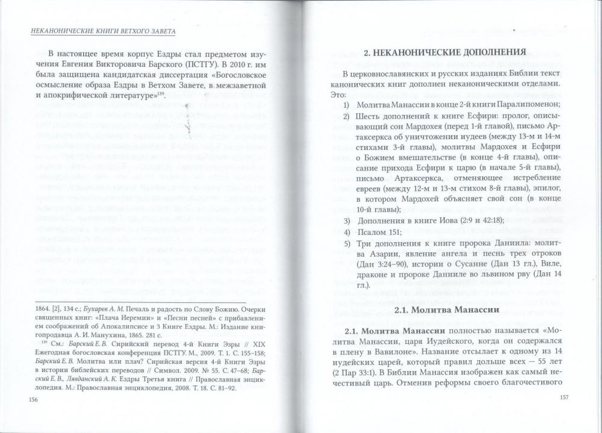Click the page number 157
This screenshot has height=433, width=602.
click(x=564, y=397)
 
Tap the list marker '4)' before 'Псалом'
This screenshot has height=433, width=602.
click(x=347, y=232)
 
